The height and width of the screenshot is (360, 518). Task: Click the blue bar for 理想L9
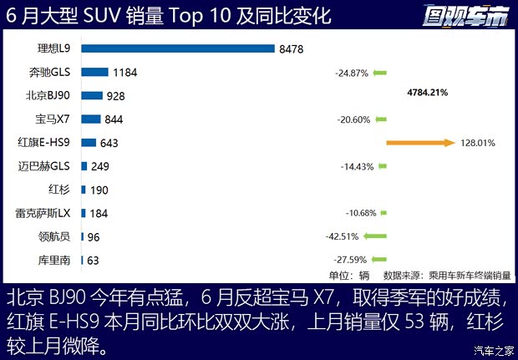178,48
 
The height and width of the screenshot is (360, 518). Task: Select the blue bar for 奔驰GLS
95,72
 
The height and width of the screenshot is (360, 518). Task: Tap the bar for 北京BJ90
92,96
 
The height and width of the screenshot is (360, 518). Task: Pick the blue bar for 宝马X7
91,119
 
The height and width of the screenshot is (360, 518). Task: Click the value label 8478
292,49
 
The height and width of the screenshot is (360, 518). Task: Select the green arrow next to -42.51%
376,236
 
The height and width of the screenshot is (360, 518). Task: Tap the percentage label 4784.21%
427,93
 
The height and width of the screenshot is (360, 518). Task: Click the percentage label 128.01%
478,143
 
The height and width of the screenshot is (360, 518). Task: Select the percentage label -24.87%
353,73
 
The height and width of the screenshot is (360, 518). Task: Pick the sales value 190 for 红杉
99,190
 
